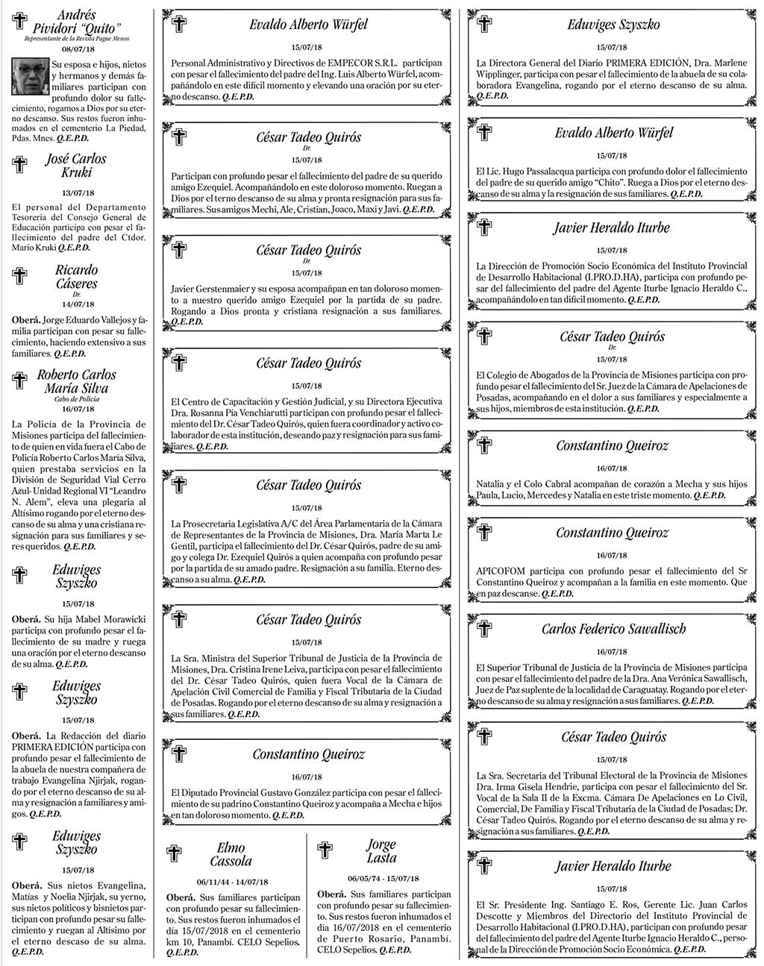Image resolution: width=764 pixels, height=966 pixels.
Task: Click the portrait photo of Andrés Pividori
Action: pyautogui.click(x=31, y=77)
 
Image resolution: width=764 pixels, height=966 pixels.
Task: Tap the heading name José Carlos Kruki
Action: pyautogui.click(x=75, y=166)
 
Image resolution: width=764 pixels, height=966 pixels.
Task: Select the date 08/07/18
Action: pyautogui.click(x=78, y=49)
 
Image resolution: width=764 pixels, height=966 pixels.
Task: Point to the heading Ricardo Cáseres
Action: pyautogui.click(x=76, y=277)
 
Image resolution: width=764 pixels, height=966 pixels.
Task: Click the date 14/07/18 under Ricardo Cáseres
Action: pyautogui.click(x=78, y=304)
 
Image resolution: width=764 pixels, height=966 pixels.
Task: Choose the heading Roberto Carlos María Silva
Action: pyautogui.click(x=76, y=381)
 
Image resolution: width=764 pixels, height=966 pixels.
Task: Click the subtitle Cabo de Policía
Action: pyautogui.click(x=77, y=399)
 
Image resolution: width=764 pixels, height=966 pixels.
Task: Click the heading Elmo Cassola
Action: pyautogui.click(x=231, y=855)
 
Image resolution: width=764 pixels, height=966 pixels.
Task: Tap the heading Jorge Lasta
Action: pyautogui.click(x=381, y=851)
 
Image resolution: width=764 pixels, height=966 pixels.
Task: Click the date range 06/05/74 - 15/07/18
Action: pyautogui.click(x=383, y=878)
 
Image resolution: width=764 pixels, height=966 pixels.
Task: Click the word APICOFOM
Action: pyautogui.click(x=501, y=571)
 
